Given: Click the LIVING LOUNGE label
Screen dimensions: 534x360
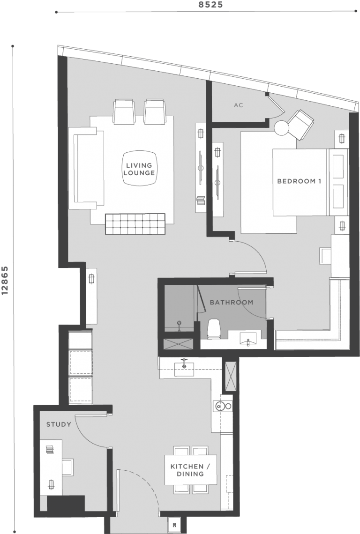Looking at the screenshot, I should coord(139,169).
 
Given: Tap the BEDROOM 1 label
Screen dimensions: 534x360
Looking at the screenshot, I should coord(299,181).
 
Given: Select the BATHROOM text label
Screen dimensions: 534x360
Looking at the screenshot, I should coord(231,303).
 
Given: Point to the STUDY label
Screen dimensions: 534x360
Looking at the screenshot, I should coord(59,425).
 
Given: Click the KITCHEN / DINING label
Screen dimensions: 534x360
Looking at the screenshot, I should coord(190,470).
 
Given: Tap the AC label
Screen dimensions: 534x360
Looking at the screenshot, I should coord(238,105).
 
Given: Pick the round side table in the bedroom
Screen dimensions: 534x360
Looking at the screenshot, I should coord(283,128).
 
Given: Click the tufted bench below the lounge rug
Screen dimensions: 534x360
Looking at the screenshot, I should coord(135,224).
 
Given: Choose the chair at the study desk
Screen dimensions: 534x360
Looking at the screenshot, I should coord(67,467).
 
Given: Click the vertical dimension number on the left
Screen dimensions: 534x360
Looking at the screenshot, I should coord(6,281).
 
